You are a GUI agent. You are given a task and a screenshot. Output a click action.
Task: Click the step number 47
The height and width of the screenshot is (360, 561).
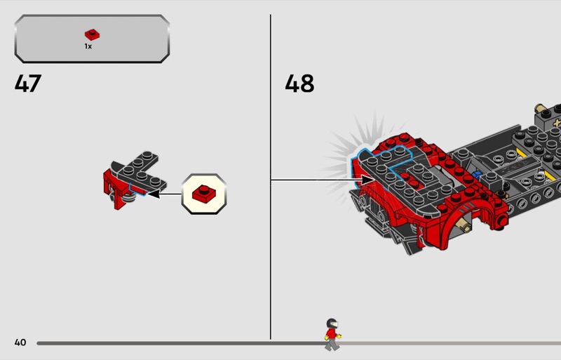28,84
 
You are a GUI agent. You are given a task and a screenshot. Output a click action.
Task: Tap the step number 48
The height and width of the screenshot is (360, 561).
299,84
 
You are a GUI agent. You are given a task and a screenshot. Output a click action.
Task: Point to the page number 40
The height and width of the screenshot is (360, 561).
20,342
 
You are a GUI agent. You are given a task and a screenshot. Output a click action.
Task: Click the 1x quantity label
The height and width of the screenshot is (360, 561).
88,46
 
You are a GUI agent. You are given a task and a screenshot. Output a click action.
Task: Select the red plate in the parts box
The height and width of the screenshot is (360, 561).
92,34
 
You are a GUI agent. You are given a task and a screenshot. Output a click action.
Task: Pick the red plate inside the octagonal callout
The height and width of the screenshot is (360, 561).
204,194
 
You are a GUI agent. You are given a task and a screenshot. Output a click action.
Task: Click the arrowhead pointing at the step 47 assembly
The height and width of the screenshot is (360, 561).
153,194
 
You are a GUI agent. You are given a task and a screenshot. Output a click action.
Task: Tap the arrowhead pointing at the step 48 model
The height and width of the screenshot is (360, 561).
367,180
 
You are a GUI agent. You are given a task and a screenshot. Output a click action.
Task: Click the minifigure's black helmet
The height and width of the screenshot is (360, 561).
332,324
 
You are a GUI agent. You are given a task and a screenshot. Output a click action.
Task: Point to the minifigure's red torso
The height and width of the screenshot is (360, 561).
331,334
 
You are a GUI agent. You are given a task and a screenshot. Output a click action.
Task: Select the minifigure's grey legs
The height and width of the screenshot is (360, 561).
332,345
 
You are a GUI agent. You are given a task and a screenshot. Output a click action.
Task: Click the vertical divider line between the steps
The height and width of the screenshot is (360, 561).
271,177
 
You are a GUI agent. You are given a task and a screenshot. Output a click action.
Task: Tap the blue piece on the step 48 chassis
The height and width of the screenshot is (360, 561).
477,175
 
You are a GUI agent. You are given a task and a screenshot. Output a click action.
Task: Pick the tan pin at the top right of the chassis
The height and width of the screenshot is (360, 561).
540,108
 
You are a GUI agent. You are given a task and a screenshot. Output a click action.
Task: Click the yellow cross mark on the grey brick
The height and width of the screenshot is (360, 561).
557,124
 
